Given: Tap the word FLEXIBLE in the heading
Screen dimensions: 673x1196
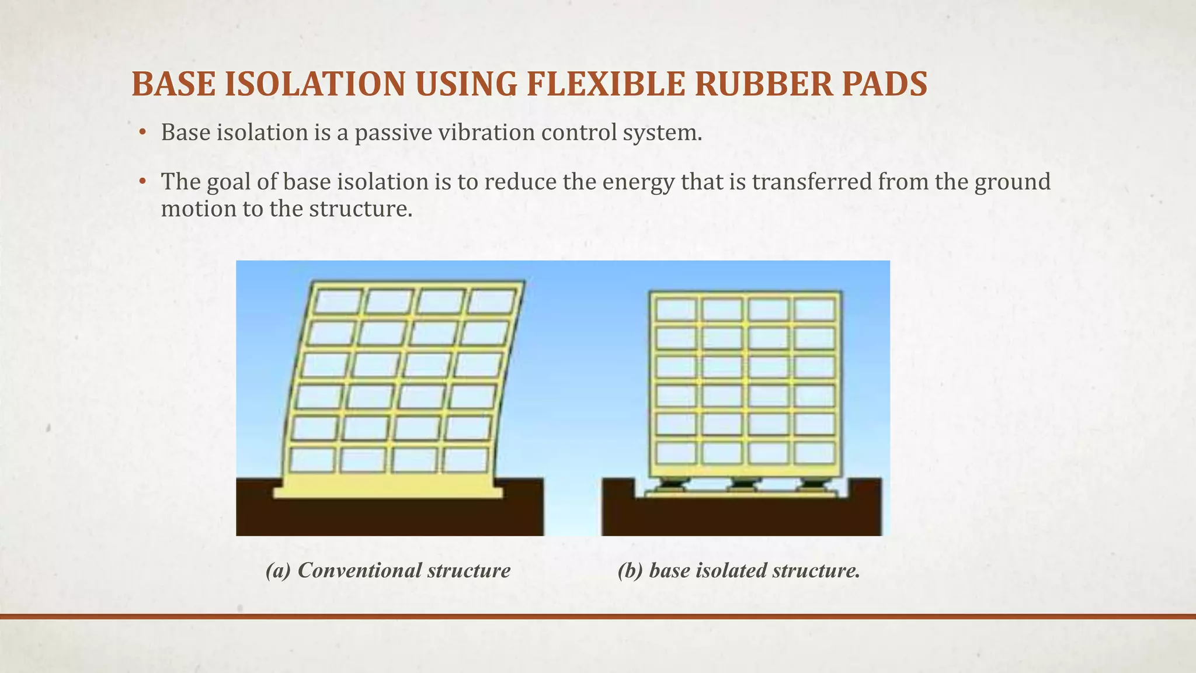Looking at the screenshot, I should [x=605, y=84].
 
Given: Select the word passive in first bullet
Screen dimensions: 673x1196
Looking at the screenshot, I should [x=394, y=133].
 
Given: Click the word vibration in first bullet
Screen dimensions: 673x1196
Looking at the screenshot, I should [x=486, y=133].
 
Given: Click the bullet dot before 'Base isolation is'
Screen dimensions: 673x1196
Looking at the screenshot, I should [x=142, y=134].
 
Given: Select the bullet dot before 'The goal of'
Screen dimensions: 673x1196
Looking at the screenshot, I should [x=142, y=183].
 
